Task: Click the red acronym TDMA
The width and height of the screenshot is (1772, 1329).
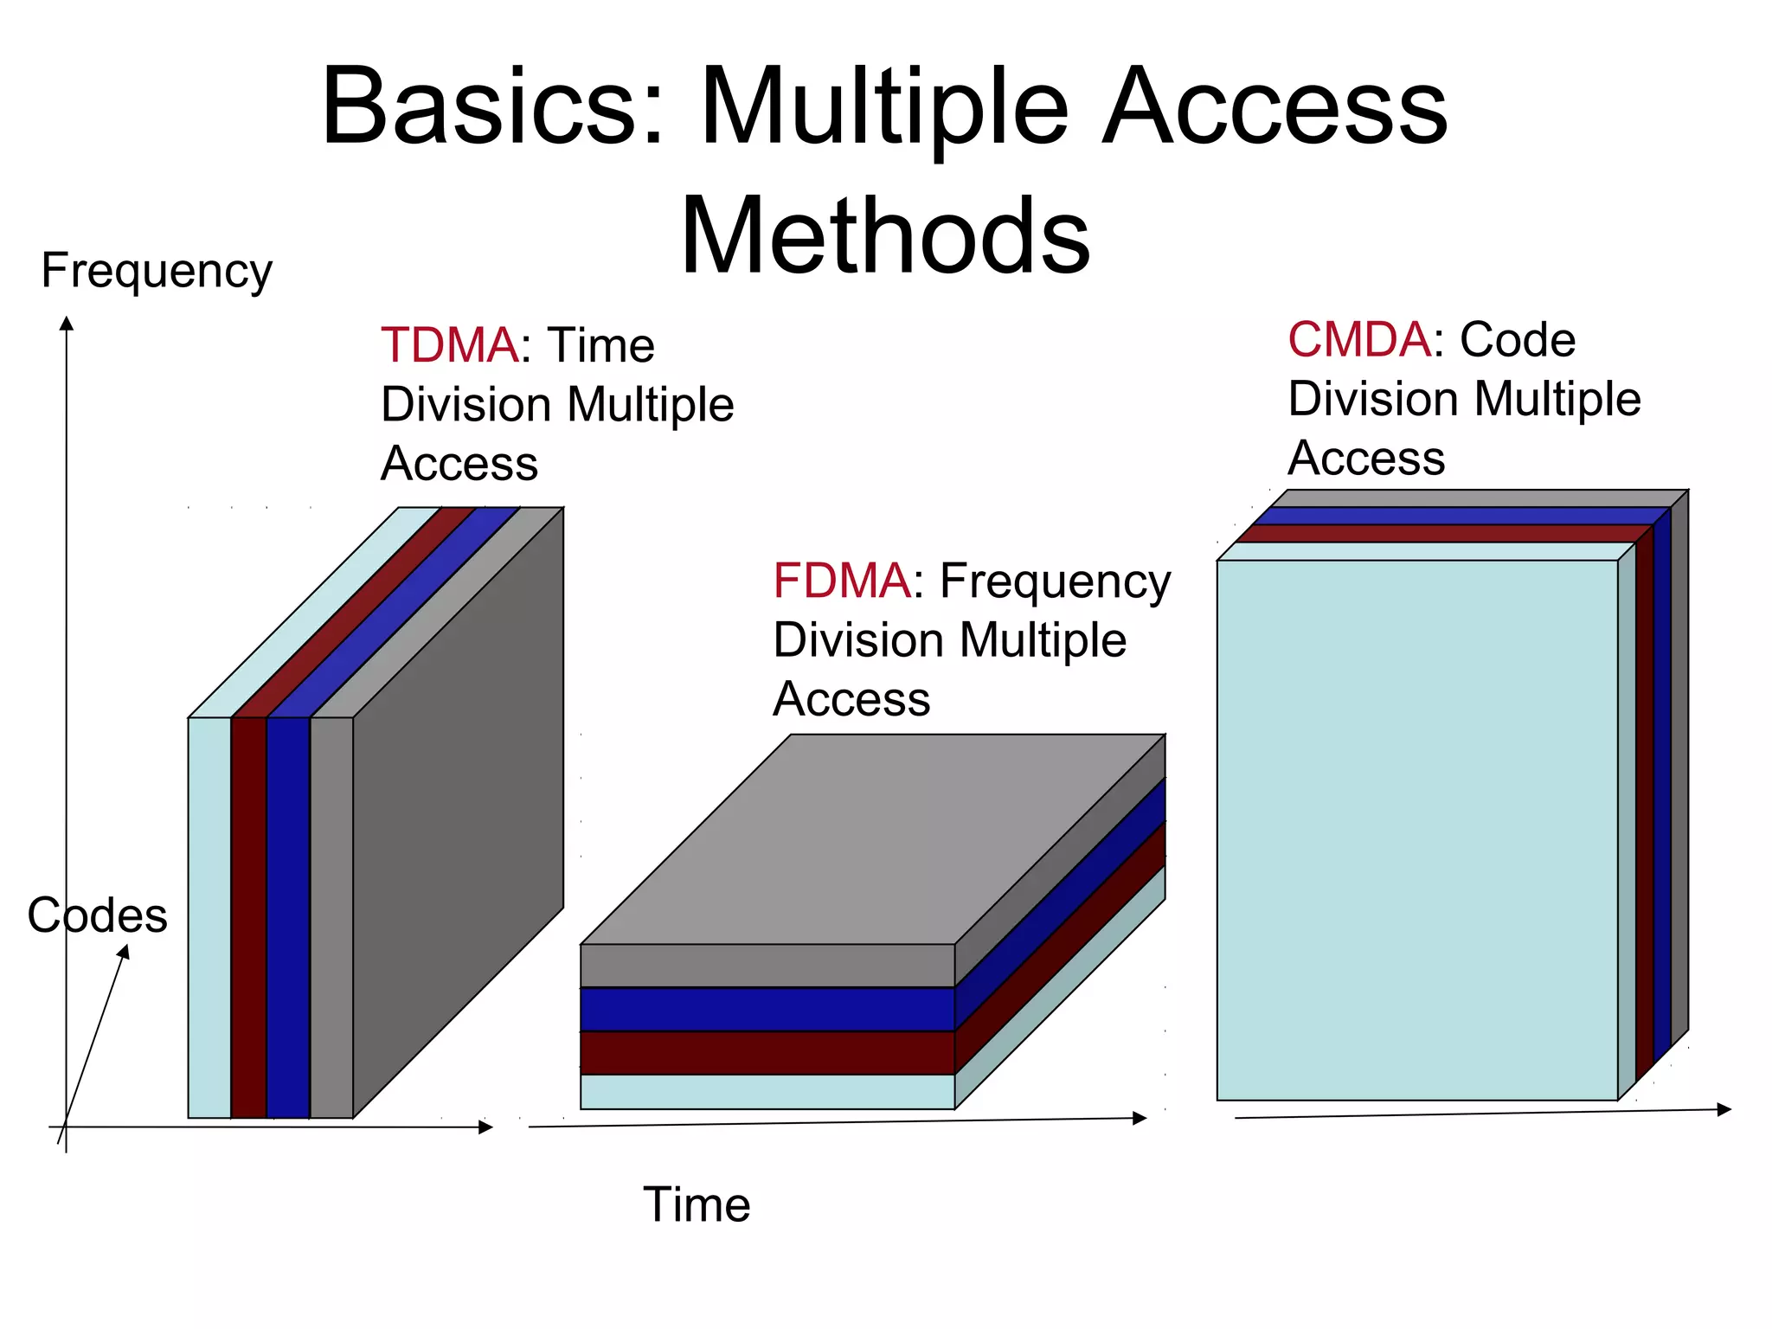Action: pyautogui.click(x=449, y=345)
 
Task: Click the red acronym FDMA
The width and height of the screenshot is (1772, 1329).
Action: pyautogui.click(x=841, y=581)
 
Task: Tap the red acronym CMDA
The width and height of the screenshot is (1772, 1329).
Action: pyautogui.click(x=1358, y=339)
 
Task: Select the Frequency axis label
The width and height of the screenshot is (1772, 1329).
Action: pyautogui.click(x=157, y=271)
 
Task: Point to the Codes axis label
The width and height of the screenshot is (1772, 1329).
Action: pyautogui.click(x=97, y=915)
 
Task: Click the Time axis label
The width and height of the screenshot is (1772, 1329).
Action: pyautogui.click(x=697, y=1204)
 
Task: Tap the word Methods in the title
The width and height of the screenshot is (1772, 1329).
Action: pyautogui.click(x=884, y=235)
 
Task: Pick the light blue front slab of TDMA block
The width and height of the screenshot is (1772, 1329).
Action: pyautogui.click(x=209, y=917)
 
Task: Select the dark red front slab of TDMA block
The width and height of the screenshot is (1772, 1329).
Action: pyautogui.click(x=249, y=917)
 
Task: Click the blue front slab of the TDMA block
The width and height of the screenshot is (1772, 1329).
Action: pyautogui.click(x=288, y=917)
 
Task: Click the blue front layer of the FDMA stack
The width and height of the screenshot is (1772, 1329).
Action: pyautogui.click(x=767, y=1009)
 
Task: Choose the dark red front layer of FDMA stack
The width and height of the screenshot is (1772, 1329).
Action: pyautogui.click(x=767, y=1053)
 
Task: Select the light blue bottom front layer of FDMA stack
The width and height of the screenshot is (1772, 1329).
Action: pyautogui.click(x=767, y=1092)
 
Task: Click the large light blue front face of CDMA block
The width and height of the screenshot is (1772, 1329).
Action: pyautogui.click(x=1416, y=831)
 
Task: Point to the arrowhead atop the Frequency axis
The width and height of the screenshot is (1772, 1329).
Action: pyautogui.click(x=67, y=324)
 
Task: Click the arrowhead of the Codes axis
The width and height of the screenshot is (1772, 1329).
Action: pyautogui.click(x=125, y=951)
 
